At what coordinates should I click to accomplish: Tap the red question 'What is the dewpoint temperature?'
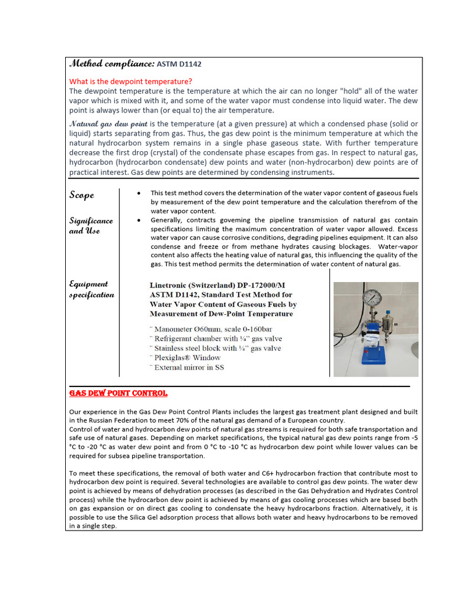131,81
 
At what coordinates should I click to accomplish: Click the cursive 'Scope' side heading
82,195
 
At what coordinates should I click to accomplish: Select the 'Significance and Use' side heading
91,226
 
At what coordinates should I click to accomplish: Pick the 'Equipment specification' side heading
91,289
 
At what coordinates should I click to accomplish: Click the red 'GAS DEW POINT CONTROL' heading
118,393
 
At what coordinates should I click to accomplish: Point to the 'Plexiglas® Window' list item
187,357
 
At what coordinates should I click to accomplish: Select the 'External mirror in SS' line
189,368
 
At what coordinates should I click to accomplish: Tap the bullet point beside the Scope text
138,194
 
